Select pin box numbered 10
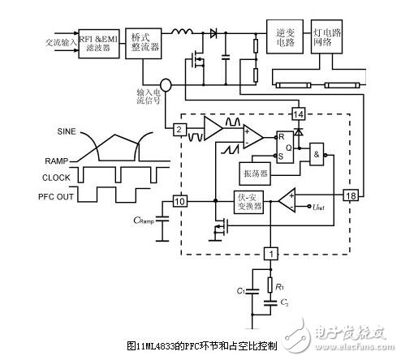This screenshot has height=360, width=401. (x=180, y=200)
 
